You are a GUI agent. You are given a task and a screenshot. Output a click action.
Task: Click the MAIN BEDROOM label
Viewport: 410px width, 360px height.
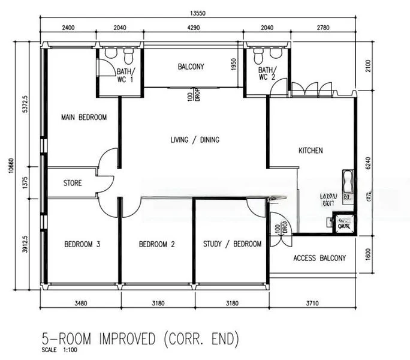pos(84,118)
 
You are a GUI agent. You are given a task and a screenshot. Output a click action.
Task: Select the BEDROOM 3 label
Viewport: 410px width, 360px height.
pos(82,244)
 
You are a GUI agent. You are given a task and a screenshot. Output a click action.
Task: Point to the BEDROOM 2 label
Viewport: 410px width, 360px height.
pos(156,244)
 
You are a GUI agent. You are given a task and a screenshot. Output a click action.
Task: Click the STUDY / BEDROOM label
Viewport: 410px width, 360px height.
pos(231,244)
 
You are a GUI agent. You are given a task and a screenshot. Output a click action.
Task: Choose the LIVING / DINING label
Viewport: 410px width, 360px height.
pos(195,140)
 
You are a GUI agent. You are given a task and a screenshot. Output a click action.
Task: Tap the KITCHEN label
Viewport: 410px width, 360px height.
pos(310,151)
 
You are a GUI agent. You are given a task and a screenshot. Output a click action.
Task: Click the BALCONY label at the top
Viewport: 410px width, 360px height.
pos(191,67)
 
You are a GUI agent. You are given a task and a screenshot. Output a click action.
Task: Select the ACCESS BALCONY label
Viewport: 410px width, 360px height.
pos(319,259)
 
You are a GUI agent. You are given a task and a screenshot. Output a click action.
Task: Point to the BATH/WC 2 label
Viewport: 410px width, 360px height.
pos(267,73)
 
